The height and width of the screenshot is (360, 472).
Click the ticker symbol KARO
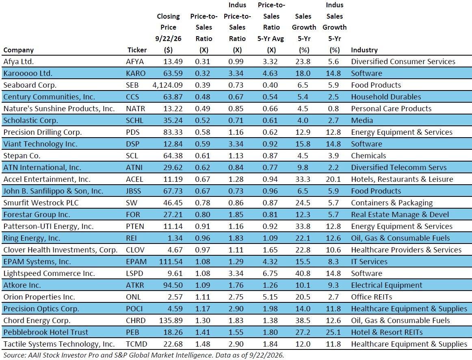click(x=135, y=73)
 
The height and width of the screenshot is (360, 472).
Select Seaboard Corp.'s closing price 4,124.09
click(x=167, y=85)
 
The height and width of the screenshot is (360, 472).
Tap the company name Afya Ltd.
click(x=18, y=62)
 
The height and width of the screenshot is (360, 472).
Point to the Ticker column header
click(x=137, y=50)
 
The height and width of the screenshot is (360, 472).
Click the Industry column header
click(x=364, y=50)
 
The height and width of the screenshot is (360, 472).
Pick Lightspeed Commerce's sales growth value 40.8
click(x=303, y=274)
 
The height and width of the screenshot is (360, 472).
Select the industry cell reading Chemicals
click(x=368, y=156)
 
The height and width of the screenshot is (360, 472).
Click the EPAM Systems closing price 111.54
click(x=171, y=262)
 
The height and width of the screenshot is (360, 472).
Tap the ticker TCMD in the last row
click(x=136, y=344)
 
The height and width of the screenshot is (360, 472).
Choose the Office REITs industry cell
click(x=371, y=297)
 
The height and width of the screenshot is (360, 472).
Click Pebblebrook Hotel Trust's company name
click(x=46, y=332)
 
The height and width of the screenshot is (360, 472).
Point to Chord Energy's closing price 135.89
click(x=171, y=321)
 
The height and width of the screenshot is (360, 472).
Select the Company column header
click(x=18, y=50)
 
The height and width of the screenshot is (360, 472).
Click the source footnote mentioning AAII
click(x=143, y=355)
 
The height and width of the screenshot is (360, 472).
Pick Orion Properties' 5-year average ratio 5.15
click(x=270, y=297)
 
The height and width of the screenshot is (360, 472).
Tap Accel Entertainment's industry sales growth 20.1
click(x=333, y=179)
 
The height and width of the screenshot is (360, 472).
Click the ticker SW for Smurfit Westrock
click(x=132, y=203)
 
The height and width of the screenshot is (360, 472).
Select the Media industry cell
click(x=362, y=121)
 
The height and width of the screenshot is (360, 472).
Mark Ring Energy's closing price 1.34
click(x=175, y=238)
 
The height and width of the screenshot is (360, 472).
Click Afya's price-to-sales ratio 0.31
click(x=203, y=62)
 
